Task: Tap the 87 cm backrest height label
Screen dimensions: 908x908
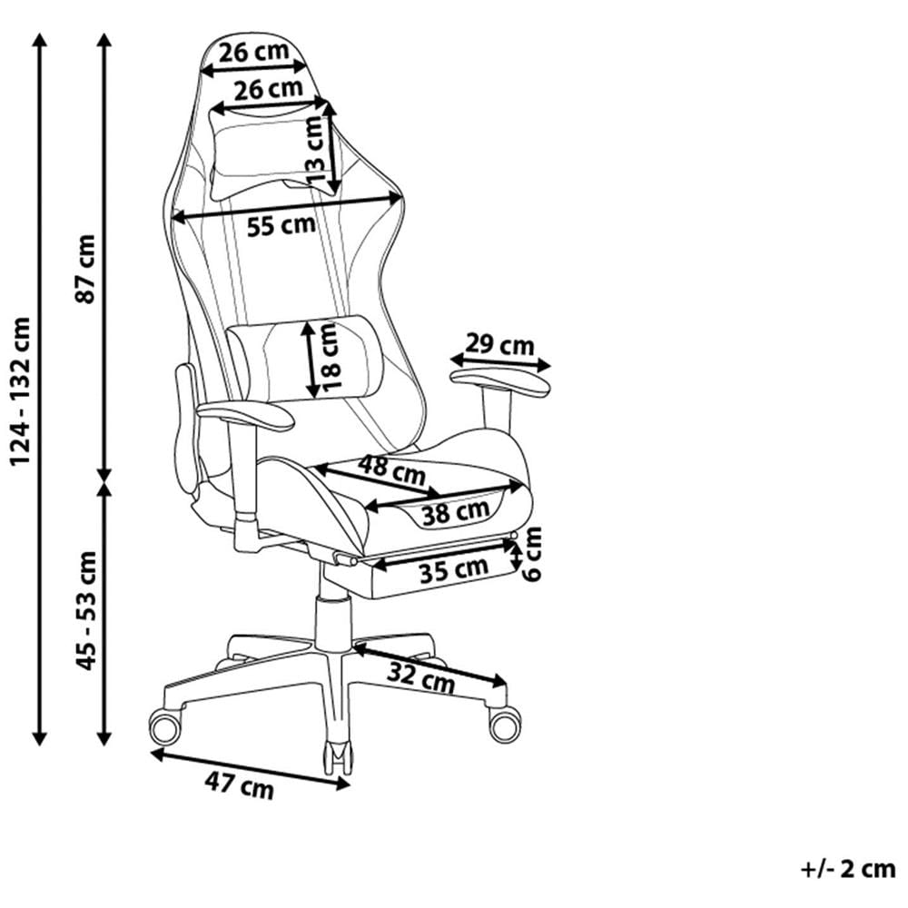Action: coord(86,269)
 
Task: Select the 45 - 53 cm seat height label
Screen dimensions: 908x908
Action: coord(86,610)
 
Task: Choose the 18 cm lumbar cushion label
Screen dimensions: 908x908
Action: coord(330,356)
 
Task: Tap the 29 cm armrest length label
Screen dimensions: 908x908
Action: coord(499,345)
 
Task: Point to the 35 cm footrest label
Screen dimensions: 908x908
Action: coord(453,571)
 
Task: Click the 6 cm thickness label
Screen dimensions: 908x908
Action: coord(533,554)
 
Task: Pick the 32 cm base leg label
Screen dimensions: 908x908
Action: coord(419,677)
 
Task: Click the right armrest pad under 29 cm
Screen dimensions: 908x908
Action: coord(501,383)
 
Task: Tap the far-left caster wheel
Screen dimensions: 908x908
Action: coord(165,726)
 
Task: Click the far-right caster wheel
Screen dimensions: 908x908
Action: coord(504,724)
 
